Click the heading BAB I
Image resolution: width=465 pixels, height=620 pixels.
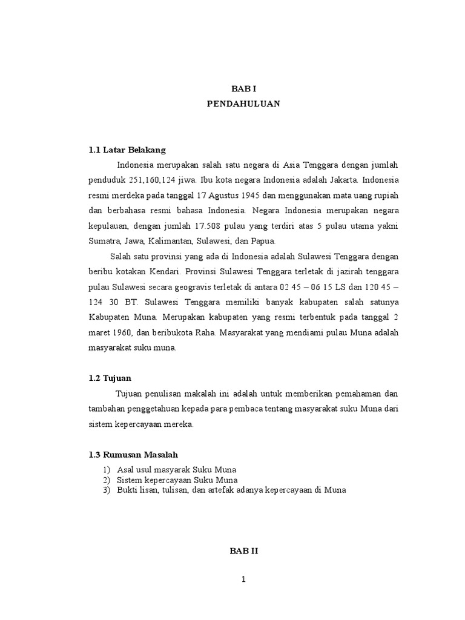(243, 88)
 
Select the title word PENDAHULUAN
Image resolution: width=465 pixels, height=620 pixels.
(243, 104)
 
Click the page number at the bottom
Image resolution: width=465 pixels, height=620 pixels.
(243, 579)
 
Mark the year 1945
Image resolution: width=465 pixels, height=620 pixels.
(254, 196)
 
